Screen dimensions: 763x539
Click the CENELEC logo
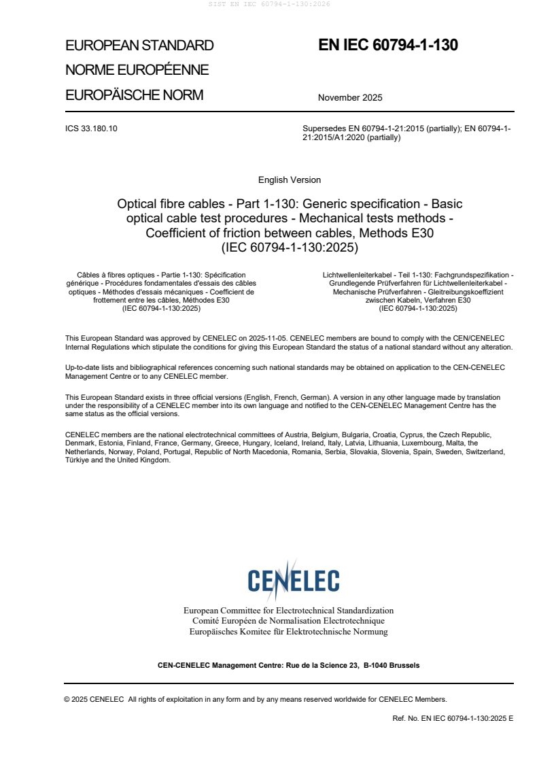293,580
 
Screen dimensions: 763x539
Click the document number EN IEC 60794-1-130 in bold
388,46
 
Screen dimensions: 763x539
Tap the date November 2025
350,97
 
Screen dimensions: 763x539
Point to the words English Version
290,180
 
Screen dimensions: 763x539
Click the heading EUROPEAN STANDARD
139,46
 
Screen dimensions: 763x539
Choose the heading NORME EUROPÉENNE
137,70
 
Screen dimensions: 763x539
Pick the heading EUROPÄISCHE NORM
134,95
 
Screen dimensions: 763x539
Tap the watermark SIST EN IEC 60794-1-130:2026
269,4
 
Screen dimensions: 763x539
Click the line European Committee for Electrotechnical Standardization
288,611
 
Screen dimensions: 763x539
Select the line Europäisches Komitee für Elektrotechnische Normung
288,632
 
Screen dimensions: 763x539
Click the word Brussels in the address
404,665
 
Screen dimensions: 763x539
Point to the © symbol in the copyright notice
67,699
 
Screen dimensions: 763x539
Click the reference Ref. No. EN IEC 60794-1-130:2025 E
453,718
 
